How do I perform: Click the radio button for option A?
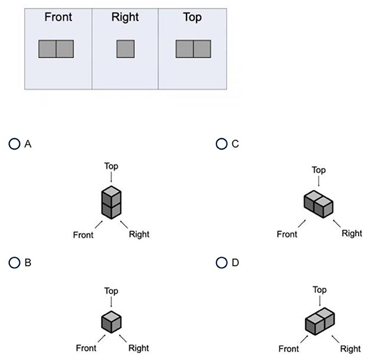coord(14,143)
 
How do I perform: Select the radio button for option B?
coord(14,263)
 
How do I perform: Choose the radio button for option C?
coord(221,143)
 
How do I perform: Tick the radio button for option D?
coord(221,263)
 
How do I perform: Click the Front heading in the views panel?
coord(58,17)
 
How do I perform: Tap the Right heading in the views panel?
coord(125,17)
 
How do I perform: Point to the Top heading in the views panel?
coord(192,17)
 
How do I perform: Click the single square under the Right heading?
coord(126,49)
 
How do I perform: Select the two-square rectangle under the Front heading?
coord(56,49)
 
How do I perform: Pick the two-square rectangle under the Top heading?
coord(193,49)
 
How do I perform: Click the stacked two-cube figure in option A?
coord(111,202)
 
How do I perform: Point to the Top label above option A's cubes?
coord(111,166)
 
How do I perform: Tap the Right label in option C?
coord(352,234)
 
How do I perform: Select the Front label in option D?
coord(289,349)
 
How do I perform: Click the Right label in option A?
coord(138,234)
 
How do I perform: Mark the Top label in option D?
coord(319,290)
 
